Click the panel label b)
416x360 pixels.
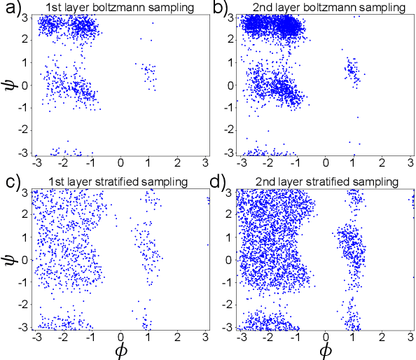(x=219, y=8)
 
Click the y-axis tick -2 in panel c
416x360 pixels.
(x=25, y=306)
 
